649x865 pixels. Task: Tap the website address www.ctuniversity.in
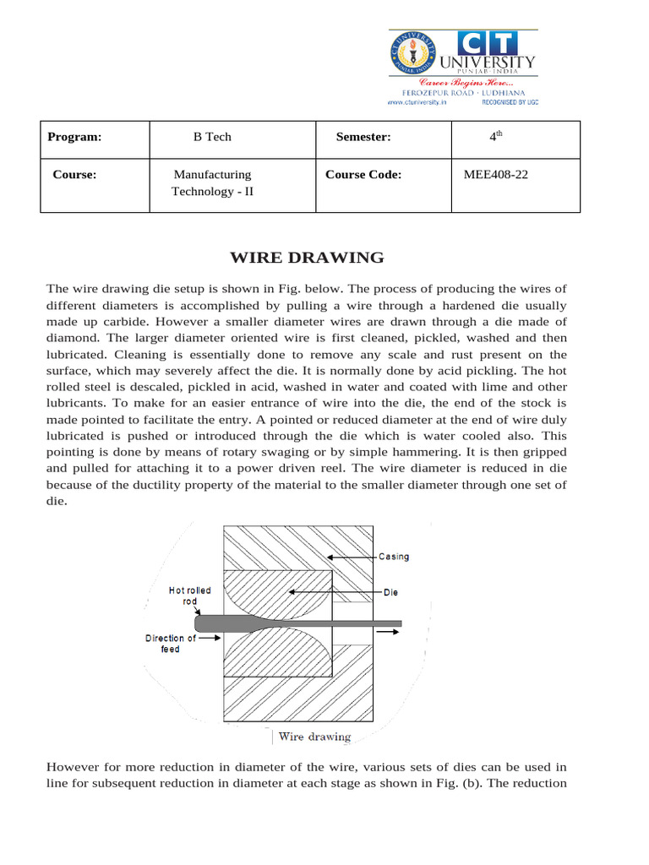tap(417, 101)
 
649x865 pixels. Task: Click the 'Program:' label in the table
tap(74, 137)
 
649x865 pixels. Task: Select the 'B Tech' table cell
tap(212, 137)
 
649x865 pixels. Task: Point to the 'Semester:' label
tap(363, 137)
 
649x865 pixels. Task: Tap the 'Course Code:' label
tap(363, 175)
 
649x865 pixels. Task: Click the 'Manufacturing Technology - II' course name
tap(212, 183)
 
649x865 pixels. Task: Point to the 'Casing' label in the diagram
tap(394, 557)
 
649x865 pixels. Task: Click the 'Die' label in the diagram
tap(390, 592)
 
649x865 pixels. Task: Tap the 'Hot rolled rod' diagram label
tap(190, 596)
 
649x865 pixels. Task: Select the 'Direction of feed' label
tap(171, 644)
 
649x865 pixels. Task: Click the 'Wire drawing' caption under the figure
tap(314, 737)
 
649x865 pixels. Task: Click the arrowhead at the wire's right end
tap(396, 629)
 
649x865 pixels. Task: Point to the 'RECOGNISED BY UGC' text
tap(510, 101)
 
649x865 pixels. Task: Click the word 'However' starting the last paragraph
tap(74, 767)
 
